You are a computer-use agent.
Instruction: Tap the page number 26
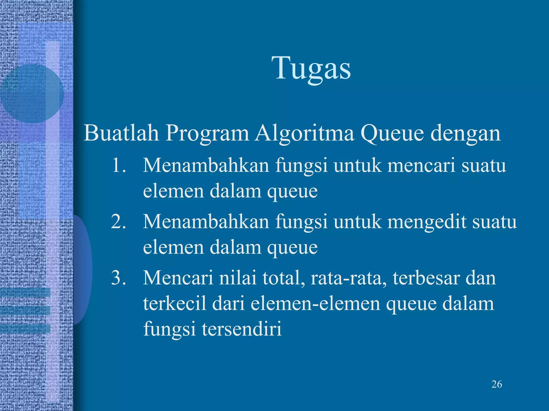click(497, 384)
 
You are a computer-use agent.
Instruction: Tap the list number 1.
click(118, 165)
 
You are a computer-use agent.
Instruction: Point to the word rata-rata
click(349, 278)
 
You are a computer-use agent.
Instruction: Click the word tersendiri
click(242, 329)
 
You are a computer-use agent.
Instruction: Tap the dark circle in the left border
click(32, 93)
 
